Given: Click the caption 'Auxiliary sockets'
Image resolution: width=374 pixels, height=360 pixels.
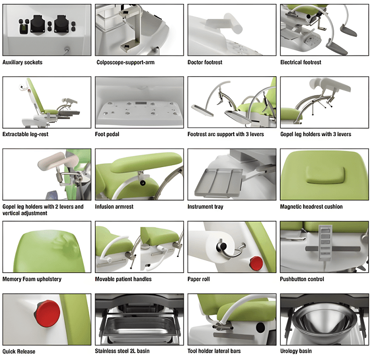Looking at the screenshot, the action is coord(22,63).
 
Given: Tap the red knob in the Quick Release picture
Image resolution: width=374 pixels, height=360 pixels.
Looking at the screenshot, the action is coord(48,313).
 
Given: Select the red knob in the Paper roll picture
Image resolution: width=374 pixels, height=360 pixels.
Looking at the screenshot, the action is coord(256,263).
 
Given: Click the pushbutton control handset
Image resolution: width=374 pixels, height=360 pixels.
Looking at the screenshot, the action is coord(325,242).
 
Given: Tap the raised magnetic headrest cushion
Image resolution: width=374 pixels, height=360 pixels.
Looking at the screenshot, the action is coord(325,175).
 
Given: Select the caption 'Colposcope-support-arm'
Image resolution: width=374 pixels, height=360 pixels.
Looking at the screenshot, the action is coord(125,63).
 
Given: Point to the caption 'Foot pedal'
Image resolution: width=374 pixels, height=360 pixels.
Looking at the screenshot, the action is coord(107,134).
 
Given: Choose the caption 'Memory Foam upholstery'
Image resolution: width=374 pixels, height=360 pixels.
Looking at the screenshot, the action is coord(32,279).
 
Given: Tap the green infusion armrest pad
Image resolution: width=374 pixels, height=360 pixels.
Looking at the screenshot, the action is coord(147,162).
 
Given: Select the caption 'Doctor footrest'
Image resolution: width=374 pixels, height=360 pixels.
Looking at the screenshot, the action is coord(205,63).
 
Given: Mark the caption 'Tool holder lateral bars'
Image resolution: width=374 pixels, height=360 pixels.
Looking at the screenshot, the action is coord(214,351).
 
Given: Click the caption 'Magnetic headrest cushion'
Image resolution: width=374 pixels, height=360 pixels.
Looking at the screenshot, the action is coord(311,206).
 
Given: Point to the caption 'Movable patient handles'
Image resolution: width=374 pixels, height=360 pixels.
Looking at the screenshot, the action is coord(123,279).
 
